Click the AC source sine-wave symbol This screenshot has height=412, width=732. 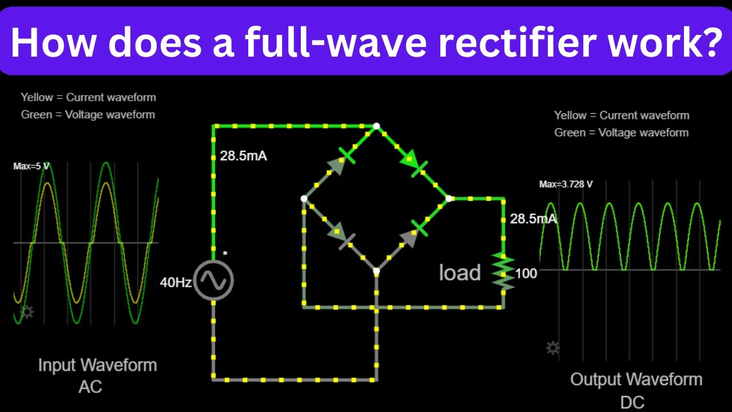[213, 280]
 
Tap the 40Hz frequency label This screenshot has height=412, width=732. [176, 282]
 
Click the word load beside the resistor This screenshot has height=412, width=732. [460, 273]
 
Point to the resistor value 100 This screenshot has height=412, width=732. [526, 274]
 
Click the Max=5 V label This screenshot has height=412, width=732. [31, 167]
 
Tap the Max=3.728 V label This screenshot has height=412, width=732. [566, 184]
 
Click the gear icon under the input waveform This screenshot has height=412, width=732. [27, 312]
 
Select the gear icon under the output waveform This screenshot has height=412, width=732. [552, 347]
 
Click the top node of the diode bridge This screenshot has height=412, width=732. [376, 126]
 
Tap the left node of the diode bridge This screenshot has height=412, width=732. [304, 199]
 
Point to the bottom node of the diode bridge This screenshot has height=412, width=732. [376, 271]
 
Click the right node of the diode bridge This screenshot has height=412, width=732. [449, 199]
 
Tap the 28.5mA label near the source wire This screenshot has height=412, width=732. [244, 156]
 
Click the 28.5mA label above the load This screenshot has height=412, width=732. [533, 219]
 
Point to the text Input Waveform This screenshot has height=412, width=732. [97, 365]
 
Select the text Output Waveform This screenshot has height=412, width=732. [636, 379]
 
